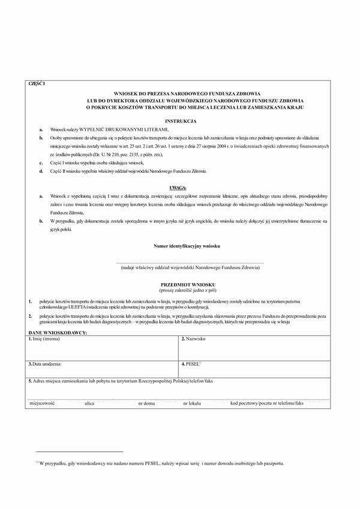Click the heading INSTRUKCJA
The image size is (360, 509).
(179, 121)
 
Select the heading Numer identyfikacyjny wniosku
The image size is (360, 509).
(179, 247)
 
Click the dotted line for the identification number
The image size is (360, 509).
(179, 263)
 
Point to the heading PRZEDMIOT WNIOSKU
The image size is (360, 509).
(179, 284)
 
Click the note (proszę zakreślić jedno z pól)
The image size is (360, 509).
(179, 289)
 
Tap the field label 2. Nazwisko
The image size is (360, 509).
(194, 339)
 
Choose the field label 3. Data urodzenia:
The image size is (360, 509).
(46, 364)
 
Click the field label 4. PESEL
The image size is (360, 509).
(191, 364)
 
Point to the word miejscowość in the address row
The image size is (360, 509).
(42, 403)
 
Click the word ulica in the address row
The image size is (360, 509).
(89, 403)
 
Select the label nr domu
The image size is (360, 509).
(146, 403)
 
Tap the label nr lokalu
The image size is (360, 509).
(190, 403)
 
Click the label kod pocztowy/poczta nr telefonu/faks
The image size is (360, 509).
(267, 403)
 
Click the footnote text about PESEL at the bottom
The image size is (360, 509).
(162, 463)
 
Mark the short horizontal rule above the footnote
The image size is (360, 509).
(79, 451)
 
